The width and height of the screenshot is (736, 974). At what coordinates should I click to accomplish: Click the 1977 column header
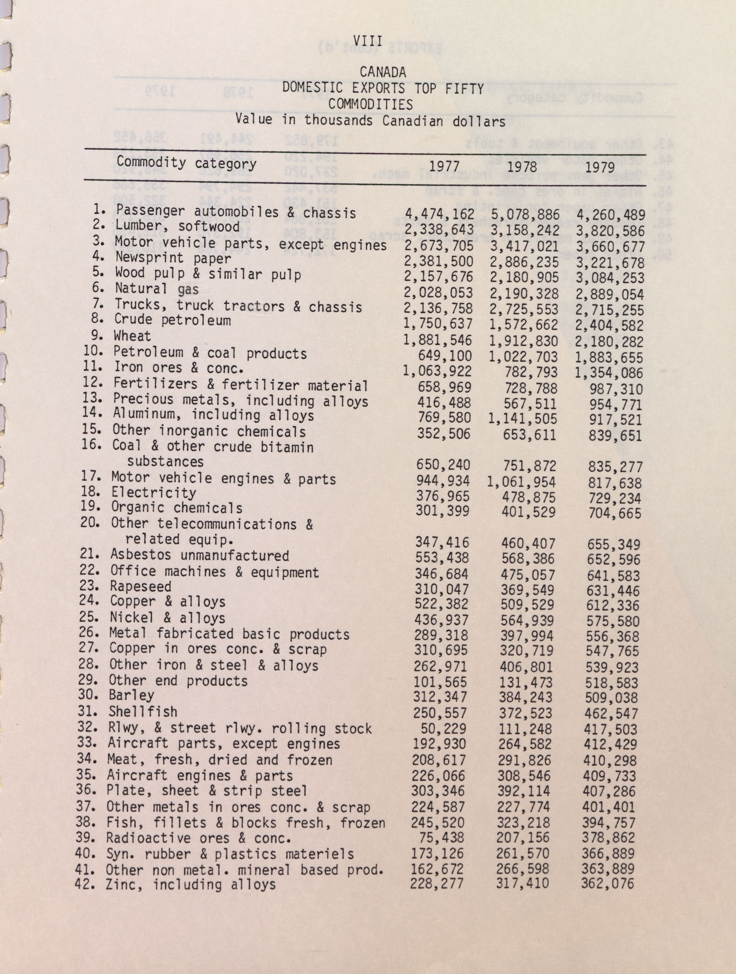(444, 167)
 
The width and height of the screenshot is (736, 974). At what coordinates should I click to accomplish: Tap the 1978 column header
(522, 167)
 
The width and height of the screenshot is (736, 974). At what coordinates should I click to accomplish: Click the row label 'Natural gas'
(157, 289)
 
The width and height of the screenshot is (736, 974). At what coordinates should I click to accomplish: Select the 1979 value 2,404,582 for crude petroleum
(610, 326)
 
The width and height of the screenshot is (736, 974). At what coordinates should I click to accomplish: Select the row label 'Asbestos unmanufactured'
(199, 555)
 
